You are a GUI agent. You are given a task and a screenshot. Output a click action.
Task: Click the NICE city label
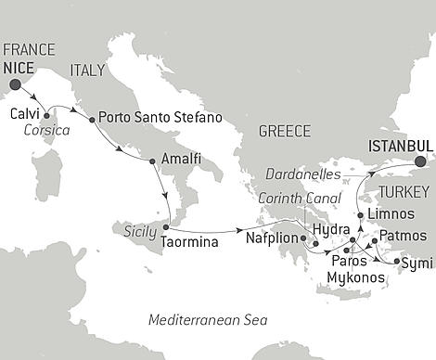[x=19, y=68]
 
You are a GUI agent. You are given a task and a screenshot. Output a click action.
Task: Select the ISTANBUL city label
[x=401, y=146]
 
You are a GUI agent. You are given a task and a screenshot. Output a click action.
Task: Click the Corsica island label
[x=45, y=133]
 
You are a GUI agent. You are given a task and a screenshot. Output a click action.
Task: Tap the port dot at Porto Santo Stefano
[x=91, y=120]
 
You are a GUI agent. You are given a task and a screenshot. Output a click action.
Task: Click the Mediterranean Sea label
[x=208, y=320]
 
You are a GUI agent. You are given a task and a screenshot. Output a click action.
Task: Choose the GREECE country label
[x=284, y=132]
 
